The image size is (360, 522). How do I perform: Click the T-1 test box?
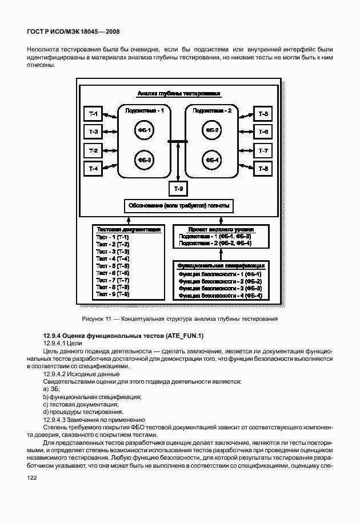click(93, 114)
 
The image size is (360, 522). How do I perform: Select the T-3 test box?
click(93, 132)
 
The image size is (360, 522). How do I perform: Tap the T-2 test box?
click(93, 150)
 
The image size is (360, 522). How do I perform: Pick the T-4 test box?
click(93, 169)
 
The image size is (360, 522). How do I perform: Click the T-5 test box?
click(263, 114)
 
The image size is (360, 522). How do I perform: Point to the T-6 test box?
click(263, 132)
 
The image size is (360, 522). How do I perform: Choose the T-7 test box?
click(263, 150)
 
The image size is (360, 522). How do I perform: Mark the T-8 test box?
click(263, 169)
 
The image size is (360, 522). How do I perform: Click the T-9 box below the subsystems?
click(178, 188)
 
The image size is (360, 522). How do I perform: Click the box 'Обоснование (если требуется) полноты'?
click(178, 206)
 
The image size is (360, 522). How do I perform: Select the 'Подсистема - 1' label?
click(145, 111)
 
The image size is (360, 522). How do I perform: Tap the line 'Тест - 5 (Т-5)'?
click(113, 266)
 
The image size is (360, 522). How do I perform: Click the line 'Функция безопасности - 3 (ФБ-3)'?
click(219, 288)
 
